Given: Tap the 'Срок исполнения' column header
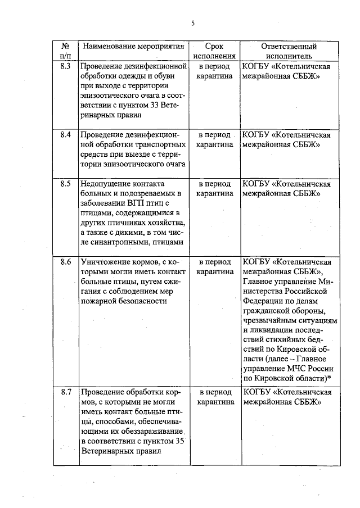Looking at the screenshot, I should [x=214, y=51].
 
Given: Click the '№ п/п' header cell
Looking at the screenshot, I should [x=65, y=51].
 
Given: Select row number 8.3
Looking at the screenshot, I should [x=65, y=66].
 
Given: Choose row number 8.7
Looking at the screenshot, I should [x=65, y=391].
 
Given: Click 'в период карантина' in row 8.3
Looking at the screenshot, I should [x=214, y=71].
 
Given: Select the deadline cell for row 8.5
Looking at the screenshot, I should [x=214, y=188].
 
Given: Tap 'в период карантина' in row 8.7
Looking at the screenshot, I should [x=214, y=396].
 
